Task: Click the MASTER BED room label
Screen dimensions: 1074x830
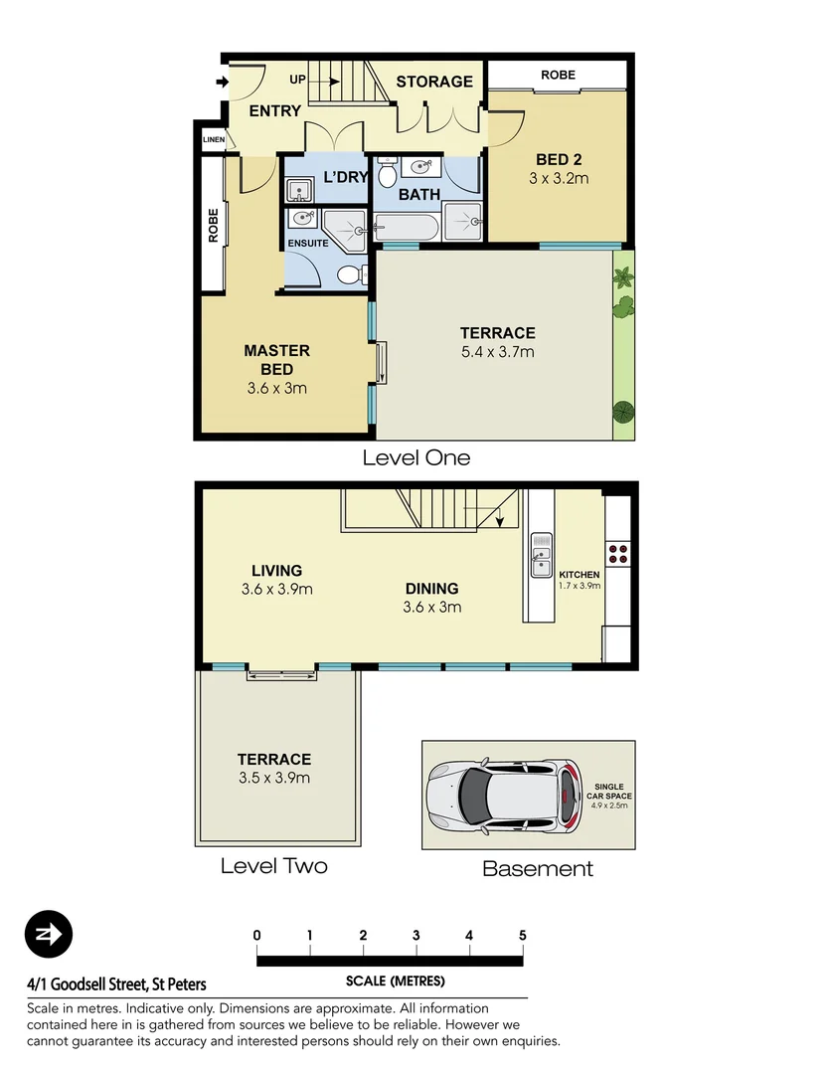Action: pyautogui.click(x=276, y=359)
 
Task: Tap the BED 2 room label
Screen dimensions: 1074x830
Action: pyautogui.click(x=558, y=159)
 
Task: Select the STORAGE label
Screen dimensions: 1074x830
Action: pyautogui.click(x=434, y=81)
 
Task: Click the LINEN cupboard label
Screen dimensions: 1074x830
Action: pyautogui.click(x=214, y=140)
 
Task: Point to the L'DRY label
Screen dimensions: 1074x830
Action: pyautogui.click(x=345, y=178)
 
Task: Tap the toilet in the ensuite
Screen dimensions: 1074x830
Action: pyautogui.click(x=349, y=274)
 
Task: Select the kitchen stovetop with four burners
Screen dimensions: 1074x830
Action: pyautogui.click(x=616, y=553)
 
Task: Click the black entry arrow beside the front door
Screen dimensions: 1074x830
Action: pyautogui.click(x=220, y=83)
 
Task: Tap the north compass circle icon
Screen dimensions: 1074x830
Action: pyautogui.click(x=49, y=934)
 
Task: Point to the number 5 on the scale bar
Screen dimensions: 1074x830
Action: pyautogui.click(x=522, y=935)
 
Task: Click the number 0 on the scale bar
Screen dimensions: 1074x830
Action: pyautogui.click(x=257, y=935)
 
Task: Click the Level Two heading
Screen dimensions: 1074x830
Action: pyautogui.click(x=273, y=866)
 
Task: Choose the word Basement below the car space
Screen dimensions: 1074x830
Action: pyautogui.click(x=537, y=868)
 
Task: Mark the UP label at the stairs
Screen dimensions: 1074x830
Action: pyautogui.click(x=297, y=79)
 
